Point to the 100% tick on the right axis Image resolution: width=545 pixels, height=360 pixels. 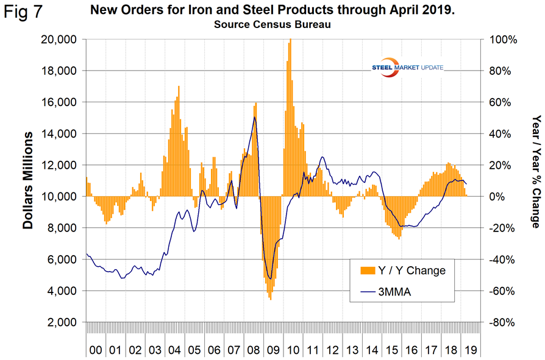tap(502, 40)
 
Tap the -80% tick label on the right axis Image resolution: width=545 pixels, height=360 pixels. tap(502, 322)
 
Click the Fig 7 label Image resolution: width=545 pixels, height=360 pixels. tap(23, 12)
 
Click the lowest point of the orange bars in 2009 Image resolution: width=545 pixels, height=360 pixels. tap(270, 299)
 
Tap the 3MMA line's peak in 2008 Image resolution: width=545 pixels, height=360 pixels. tap(254, 117)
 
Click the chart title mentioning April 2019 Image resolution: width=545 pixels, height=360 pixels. tap(272, 10)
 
